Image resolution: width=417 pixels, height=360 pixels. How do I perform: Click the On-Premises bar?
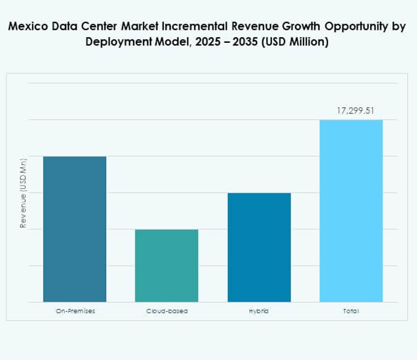[x=75, y=229]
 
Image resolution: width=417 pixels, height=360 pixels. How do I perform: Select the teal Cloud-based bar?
[x=166, y=265]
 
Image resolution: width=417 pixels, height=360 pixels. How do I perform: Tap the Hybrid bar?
[x=259, y=247]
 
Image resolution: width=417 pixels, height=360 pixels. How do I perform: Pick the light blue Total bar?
[x=351, y=211]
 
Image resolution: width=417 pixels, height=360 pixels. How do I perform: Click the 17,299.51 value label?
[x=355, y=111]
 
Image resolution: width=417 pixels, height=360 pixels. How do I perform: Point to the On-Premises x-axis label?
[x=75, y=311]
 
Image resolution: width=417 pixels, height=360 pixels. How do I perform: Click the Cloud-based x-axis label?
[x=167, y=311]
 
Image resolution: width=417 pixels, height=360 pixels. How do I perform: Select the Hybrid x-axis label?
[x=259, y=311]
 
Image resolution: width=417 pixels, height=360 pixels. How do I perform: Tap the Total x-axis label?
[x=351, y=311]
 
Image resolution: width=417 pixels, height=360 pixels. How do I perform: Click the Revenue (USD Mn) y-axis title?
[x=24, y=193]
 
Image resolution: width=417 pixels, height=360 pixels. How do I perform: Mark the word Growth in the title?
[x=291, y=28]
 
